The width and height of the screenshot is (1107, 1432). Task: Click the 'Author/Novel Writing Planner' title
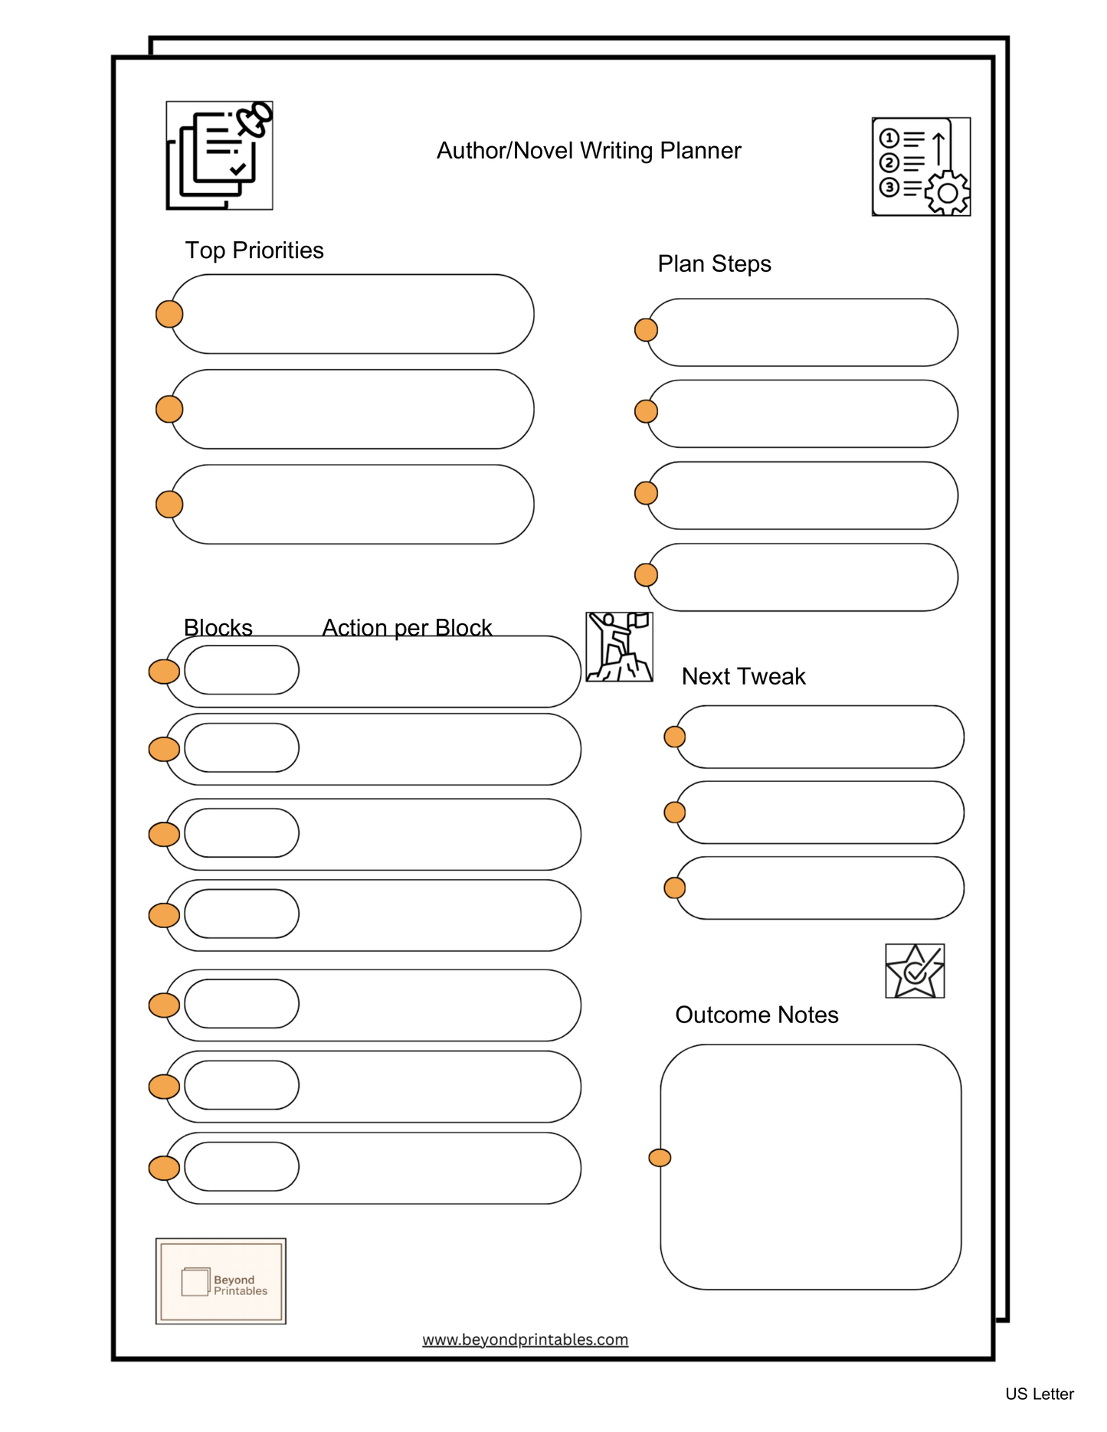588,151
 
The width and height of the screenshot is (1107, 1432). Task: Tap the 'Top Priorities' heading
254,250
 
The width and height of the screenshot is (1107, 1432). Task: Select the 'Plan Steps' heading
714,263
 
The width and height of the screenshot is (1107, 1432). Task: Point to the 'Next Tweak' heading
743,676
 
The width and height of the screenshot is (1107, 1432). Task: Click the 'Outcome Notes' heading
756,1015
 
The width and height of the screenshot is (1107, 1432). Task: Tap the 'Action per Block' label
406,627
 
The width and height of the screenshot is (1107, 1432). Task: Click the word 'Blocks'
218,627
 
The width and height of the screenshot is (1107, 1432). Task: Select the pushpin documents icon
220,155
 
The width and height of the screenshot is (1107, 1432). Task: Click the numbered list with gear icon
921,167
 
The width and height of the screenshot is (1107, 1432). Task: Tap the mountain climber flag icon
619,647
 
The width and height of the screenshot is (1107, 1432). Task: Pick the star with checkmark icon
915,971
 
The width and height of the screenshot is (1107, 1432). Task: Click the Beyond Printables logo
221,1280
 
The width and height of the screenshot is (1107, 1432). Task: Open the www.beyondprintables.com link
525,1339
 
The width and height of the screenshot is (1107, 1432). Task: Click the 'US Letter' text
1039,1394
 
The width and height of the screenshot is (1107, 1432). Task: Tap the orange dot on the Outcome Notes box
660,1158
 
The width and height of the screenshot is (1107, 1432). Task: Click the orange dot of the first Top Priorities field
169,314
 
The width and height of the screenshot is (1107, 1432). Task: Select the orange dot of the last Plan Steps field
647,574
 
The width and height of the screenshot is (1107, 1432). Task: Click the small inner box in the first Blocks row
241,670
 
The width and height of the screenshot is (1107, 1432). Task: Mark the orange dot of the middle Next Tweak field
675,812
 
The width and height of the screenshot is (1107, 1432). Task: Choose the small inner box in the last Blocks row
241,1166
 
